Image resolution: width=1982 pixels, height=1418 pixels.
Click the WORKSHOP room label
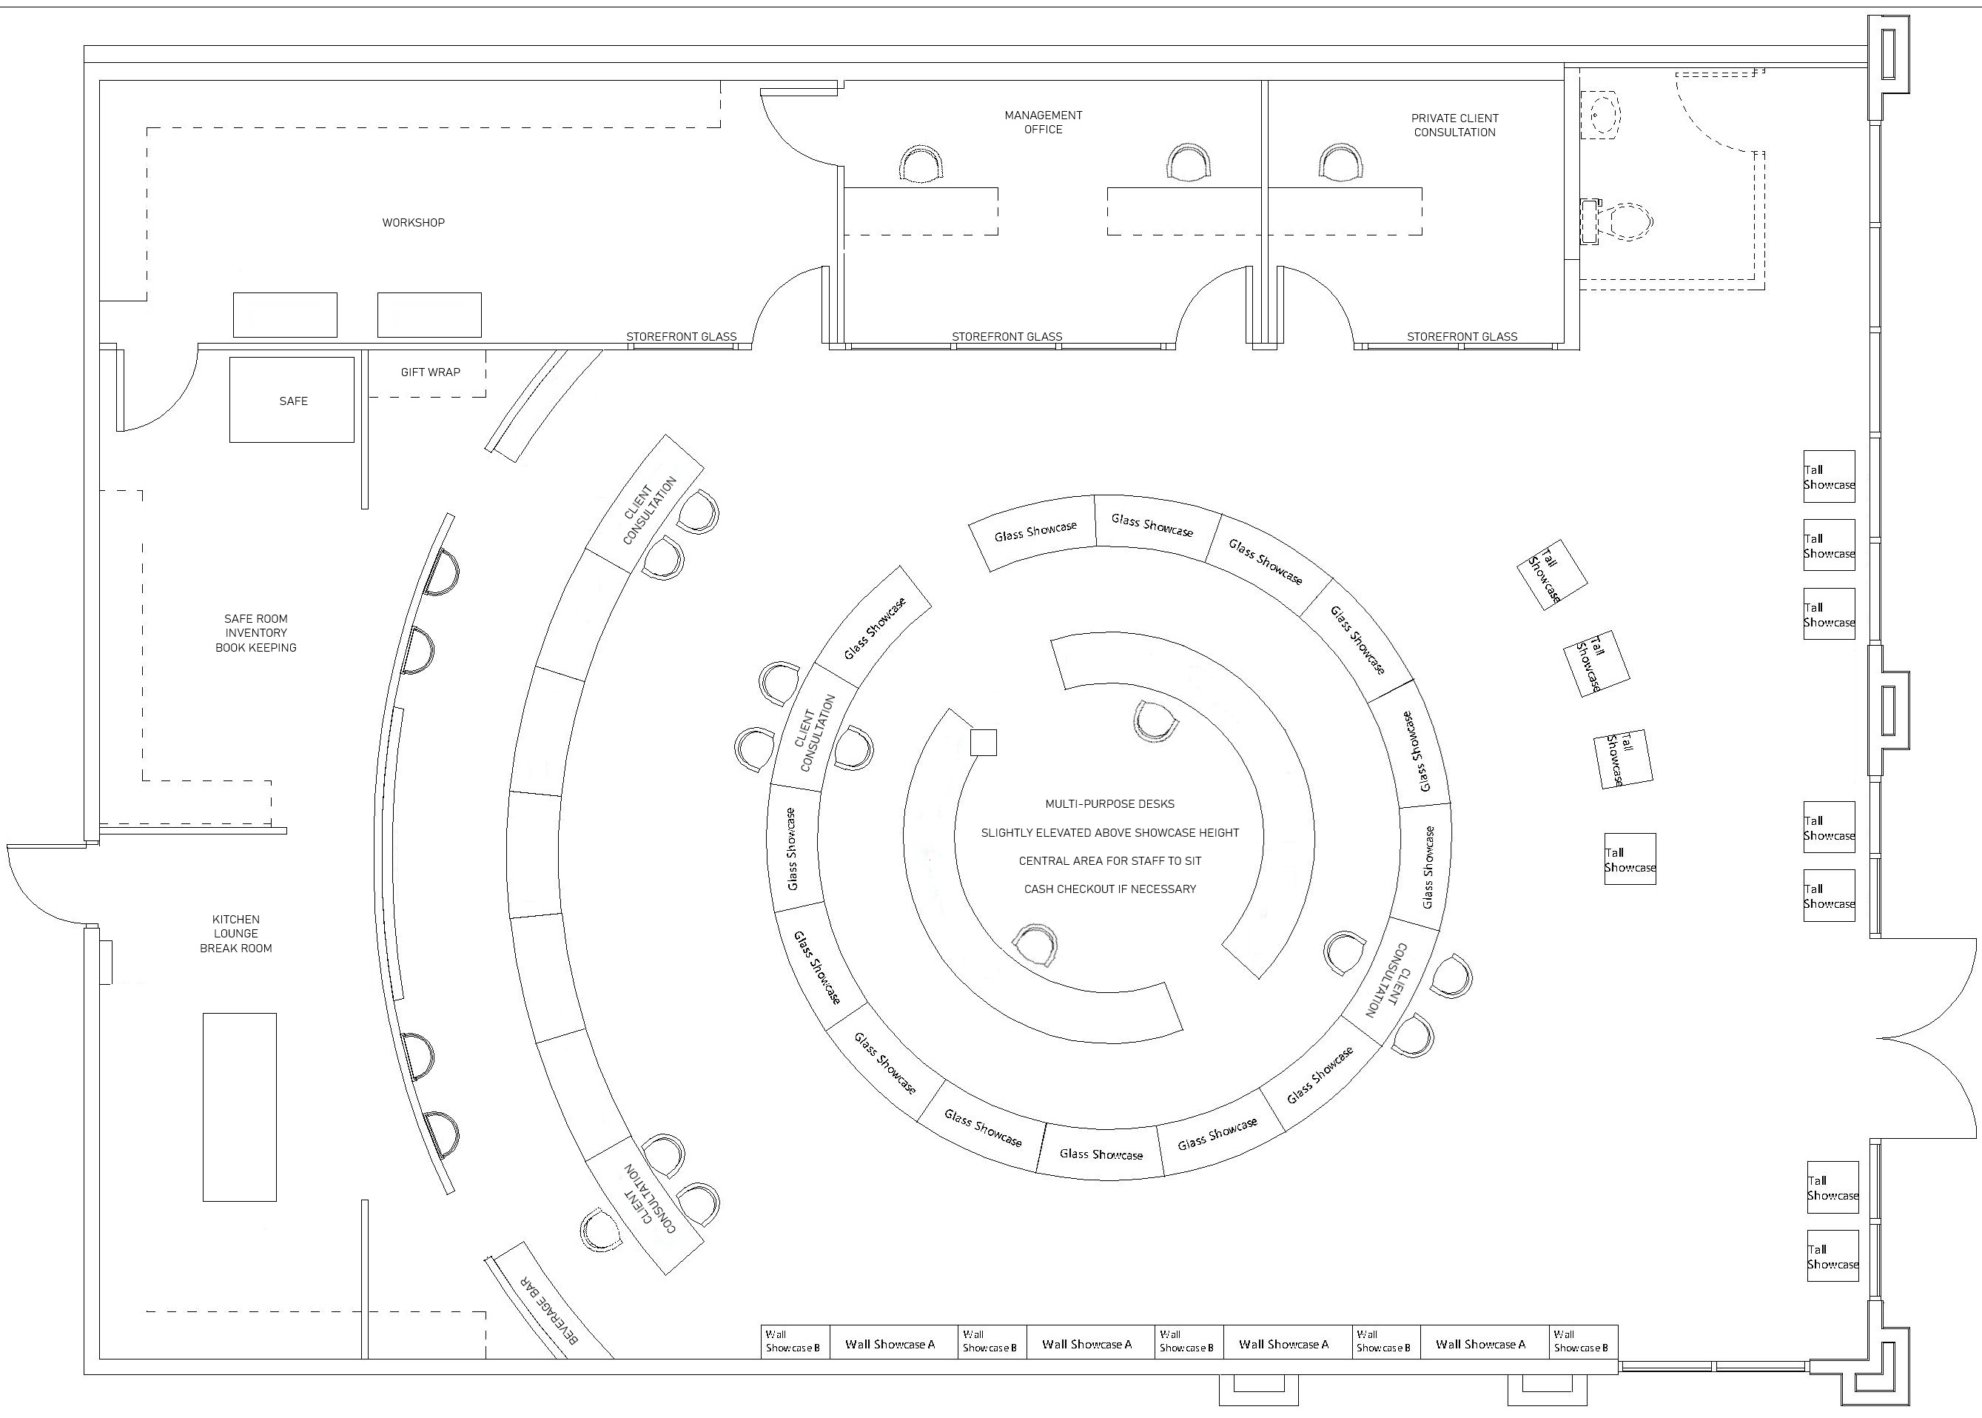413,223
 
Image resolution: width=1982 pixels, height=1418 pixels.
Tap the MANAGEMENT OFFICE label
1043,122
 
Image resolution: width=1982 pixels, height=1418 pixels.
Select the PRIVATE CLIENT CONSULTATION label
1455,125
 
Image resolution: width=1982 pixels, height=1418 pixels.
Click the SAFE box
292,400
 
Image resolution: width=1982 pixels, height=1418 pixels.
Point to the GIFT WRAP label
430,372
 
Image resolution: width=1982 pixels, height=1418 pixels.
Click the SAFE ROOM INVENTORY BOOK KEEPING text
256,633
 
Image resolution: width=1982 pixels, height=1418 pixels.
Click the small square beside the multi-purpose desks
984,742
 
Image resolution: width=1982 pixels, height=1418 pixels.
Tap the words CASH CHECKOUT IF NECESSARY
1110,889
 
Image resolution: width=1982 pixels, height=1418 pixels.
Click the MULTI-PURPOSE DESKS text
1110,804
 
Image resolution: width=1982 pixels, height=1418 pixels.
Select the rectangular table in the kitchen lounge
240,1107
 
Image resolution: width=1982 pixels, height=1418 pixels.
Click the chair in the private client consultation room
1340,164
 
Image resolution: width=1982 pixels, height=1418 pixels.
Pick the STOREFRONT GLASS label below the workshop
681,336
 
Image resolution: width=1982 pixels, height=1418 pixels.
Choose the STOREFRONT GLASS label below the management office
1007,336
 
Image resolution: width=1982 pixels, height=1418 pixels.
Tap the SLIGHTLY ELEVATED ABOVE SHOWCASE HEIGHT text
1110,833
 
